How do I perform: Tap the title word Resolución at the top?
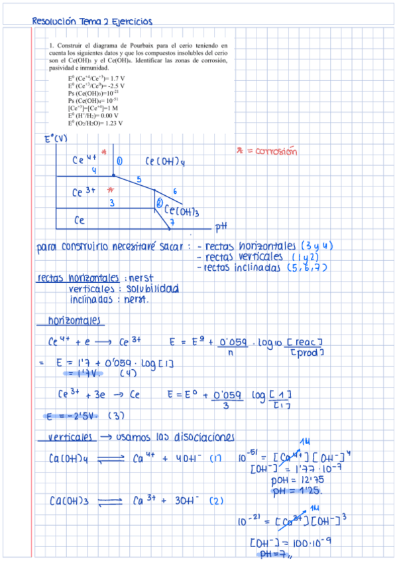[54, 21]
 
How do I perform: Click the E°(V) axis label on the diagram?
[56, 138]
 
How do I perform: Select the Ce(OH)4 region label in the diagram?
[164, 161]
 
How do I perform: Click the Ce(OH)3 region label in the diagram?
[182, 211]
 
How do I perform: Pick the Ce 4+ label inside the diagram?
[85, 159]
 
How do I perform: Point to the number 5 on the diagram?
[139, 179]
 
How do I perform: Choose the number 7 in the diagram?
[172, 223]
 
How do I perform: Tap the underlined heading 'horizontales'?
[75, 320]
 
